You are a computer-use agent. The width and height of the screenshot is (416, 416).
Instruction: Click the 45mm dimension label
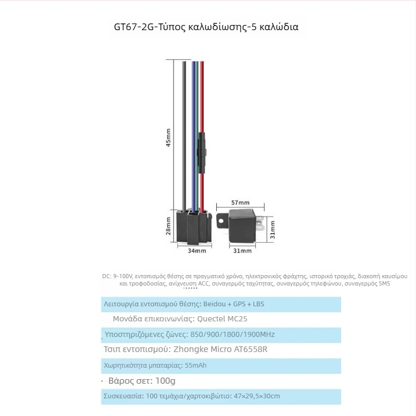click(x=168, y=137)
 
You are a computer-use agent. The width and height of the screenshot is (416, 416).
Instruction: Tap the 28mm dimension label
click(x=168, y=226)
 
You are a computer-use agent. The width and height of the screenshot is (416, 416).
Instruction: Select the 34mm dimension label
click(x=197, y=251)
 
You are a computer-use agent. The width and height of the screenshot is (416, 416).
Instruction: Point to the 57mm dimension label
click(x=240, y=203)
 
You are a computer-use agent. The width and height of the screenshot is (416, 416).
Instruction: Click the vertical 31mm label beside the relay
click(x=272, y=230)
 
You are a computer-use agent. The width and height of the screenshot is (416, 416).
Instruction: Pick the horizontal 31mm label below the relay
click(x=242, y=251)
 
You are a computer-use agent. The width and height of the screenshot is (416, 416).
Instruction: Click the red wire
click(x=202, y=106)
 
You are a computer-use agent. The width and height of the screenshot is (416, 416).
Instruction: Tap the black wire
click(x=184, y=135)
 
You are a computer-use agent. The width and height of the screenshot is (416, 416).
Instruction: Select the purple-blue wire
click(x=193, y=135)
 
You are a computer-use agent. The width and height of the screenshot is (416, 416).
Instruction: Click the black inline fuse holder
click(x=202, y=153)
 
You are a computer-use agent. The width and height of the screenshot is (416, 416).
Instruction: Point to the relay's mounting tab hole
click(x=220, y=220)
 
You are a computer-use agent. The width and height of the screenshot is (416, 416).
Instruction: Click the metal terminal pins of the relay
click(x=261, y=224)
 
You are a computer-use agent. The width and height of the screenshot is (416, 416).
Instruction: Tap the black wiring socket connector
click(x=194, y=226)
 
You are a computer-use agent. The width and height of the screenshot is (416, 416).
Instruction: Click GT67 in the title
click(x=125, y=27)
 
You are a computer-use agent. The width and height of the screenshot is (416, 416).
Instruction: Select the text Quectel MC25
click(x=222, y=319)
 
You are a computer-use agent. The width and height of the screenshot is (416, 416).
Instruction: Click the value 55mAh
click(x=196, y=366)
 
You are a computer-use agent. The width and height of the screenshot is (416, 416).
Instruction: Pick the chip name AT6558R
click(x=251, y=349)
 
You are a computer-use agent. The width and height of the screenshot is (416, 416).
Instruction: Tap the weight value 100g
click(x=165, y=381)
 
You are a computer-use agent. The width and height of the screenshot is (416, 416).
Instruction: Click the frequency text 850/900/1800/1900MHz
click(x=232, y=334)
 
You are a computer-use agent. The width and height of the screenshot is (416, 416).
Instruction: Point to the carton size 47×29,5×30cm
click(x=257, y=396)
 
